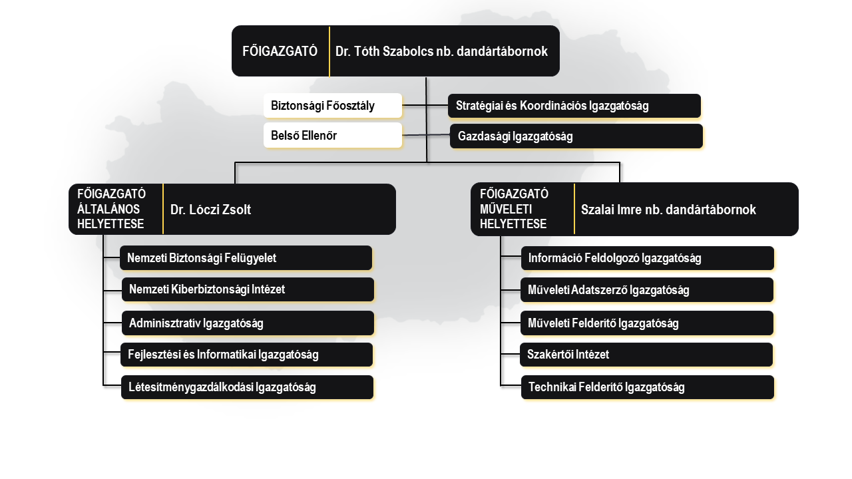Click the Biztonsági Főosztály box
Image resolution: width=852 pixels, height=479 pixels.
click(333, 105)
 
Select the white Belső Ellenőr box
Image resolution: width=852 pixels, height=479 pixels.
click(333, 135)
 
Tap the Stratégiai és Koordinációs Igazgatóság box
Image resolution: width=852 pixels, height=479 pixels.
click(574, 106)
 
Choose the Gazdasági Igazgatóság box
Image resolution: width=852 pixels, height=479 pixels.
click(576, 136)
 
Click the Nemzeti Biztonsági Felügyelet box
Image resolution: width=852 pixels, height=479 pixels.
click(246, 257)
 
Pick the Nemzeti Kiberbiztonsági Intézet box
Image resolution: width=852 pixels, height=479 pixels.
click(248, 289)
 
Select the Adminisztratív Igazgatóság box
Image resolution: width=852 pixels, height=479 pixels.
click(248, 323)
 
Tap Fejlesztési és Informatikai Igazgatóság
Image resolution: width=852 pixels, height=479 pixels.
click(246, 355)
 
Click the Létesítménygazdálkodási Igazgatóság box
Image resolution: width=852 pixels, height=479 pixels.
click(247, 387)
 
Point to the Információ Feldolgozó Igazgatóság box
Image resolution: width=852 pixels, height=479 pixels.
click(648, 258)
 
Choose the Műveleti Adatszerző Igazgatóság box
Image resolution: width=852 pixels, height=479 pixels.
click(647, 289)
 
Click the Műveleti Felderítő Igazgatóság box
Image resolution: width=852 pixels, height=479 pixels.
click(647, 323)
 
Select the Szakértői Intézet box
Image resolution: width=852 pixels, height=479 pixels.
click(646, 355)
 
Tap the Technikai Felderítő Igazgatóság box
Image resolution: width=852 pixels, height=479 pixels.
click(648, 387)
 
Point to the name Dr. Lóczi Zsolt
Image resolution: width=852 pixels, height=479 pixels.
click(210, 210)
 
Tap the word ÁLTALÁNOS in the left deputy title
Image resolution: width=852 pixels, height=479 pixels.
click(108, 209)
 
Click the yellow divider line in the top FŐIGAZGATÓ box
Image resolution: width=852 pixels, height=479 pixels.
click(329, 51)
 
